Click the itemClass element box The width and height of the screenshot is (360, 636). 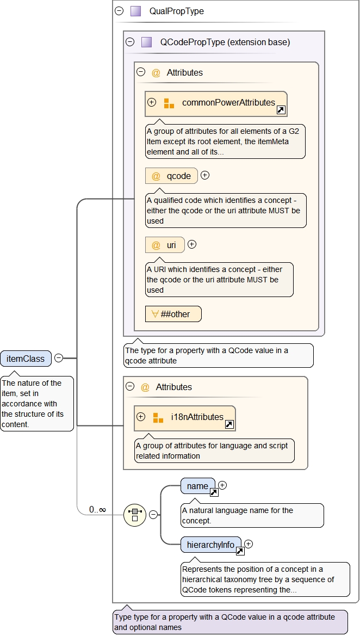26,359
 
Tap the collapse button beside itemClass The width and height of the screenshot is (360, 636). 59,359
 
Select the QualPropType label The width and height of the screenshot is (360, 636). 177,11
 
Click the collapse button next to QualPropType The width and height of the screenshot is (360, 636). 119,11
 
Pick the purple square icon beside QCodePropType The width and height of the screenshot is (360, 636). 146,42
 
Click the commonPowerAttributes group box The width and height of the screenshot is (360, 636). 216,103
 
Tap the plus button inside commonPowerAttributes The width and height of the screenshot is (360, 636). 152,102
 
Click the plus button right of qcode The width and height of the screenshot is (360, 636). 205,175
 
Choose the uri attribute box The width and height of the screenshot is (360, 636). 165,245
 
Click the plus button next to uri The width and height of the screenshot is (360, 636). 191,245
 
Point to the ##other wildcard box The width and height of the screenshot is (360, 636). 173,314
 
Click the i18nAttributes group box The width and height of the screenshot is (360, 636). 185,418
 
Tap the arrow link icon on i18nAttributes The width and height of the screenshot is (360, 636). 229,424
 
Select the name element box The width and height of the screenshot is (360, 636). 198,486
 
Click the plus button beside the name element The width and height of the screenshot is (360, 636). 222,485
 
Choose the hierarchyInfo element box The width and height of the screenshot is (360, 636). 211,545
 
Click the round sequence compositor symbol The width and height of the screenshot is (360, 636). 134,515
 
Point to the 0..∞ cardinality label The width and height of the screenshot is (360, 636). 98,510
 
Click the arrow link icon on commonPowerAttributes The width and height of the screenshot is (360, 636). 281,110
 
